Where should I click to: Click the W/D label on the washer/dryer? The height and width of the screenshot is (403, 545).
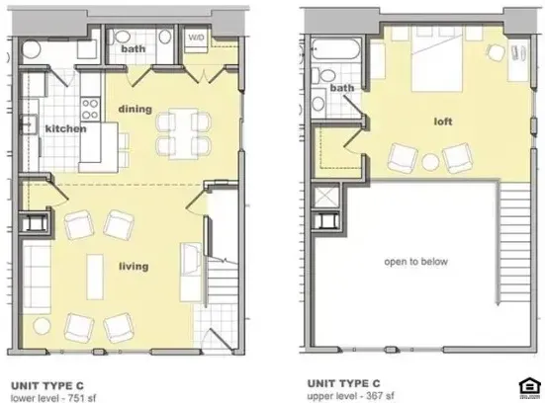[196, 37]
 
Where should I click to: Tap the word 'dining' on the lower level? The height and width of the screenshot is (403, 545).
[136, 109]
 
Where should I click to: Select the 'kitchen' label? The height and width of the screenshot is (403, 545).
[65, 128]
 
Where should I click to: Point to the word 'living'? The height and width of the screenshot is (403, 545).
[134, 267]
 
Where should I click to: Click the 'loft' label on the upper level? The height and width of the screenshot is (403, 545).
[443, 121]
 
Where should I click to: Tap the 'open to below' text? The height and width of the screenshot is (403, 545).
[416, 262]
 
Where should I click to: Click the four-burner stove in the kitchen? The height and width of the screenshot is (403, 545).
[90, 109]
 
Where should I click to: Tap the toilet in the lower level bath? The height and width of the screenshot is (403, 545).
[120, 37]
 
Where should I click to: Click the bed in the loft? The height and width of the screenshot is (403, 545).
[437, 59]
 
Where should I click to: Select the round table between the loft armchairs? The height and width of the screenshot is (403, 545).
[430, 162]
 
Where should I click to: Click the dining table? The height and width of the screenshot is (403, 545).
[183, 133]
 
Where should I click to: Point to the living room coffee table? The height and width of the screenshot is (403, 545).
[95, 277]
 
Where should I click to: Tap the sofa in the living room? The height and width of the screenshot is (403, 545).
[37, 277]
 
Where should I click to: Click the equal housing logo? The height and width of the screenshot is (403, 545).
[528, 387]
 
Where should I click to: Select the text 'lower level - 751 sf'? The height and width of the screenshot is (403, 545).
[53, 398]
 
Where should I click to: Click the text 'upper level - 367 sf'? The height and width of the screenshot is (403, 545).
[351, 396]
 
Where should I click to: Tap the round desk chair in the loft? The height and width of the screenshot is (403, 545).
[496, 53]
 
